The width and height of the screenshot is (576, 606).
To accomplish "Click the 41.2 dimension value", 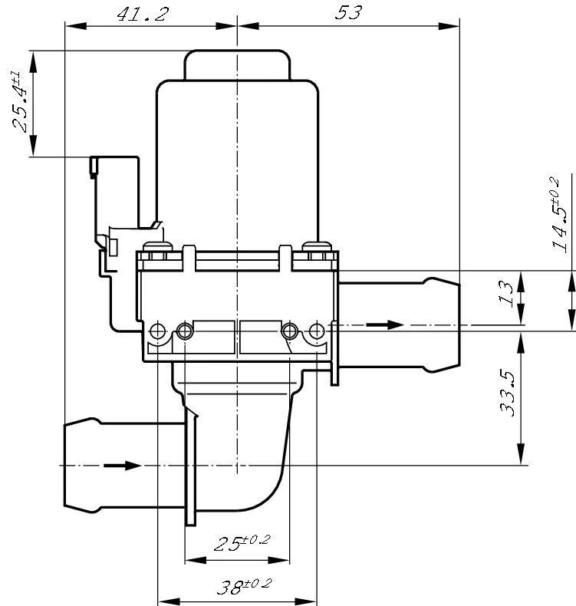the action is click(x=143, y=15).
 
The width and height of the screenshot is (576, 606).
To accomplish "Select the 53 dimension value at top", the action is click(x=348, y=13).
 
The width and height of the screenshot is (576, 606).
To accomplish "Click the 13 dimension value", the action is click(x=506, y=294).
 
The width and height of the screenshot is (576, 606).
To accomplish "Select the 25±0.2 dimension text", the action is click(x=242, y=542).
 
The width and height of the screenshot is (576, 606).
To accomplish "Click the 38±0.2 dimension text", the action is click(x=244, y=586).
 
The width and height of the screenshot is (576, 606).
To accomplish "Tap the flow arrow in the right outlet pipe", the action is click(x=385, y=324).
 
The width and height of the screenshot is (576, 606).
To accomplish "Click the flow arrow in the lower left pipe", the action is click(x=122, y=466).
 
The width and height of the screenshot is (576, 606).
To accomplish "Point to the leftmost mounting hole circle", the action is click(x=158, y=331).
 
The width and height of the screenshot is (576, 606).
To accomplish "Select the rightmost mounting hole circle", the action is click(x=317, y=331).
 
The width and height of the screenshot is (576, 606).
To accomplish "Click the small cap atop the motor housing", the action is click(x=237, y=65).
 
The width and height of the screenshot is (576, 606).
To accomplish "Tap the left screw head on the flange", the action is click(x=158, y=246).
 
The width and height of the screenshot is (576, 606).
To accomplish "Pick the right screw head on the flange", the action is click(x=317, y=246).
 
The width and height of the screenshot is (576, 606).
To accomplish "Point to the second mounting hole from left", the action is click(x=185, y=331).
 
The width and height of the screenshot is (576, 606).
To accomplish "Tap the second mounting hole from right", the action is click(x=290, y=331).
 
